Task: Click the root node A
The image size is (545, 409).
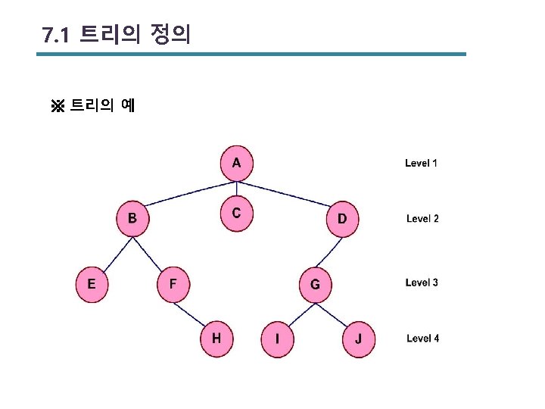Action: coord(236,163)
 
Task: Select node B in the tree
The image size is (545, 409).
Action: coord(132,219)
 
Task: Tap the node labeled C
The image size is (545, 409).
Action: coord(236,214)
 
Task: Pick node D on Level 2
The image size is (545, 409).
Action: coord(342,219)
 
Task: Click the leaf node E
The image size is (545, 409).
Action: coord(91,284)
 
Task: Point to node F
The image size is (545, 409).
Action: coord(173,284)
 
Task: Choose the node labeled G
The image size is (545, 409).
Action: coord(315,285)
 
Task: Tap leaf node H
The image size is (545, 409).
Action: coord(216,339)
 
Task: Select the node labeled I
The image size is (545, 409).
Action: coord(277,339)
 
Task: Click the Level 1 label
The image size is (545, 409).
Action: coord(421,163)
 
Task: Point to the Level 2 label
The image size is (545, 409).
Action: coord(422,219)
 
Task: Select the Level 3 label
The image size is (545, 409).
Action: coord(422,283)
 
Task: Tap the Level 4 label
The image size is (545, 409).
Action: coord(422,339)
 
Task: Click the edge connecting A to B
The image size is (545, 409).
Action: coord(185,192)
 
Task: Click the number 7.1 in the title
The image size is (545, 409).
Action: coord(56,36)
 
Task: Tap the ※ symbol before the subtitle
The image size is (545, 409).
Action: coord(58,105)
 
